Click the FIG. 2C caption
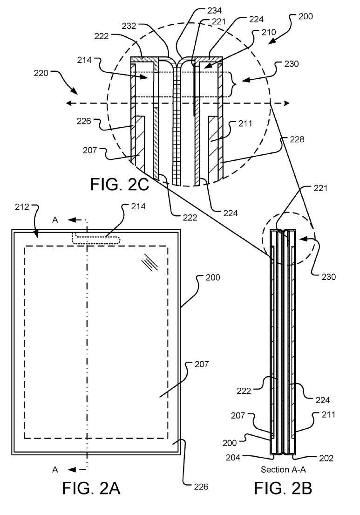click(x=119, y=185)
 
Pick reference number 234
click(x=190, y=10)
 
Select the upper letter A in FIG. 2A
click(x=55, y=220)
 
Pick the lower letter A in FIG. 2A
click(x=55, y=470)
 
